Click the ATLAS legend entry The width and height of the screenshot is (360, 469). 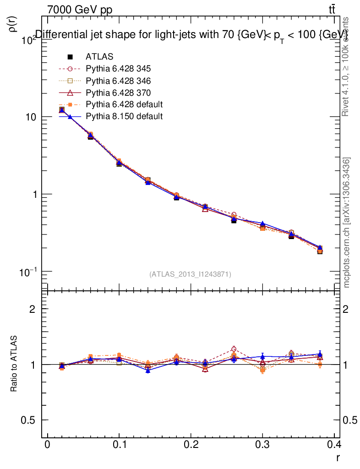click(x=99, y=57)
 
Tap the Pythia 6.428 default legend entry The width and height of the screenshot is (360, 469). click(x=124, y=104)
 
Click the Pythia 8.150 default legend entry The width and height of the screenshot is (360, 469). click(x=124, y=116)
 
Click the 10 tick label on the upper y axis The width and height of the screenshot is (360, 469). click(x=31, y=117)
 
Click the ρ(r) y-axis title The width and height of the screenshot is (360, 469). click(x=13, y=24)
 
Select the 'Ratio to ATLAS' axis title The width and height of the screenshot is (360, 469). click(x=14, y=365)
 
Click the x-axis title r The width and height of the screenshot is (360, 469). click(x=337, y=457)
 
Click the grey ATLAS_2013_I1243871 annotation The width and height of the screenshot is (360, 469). click(x=190, y=274)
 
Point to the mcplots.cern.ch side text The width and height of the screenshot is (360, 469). click(x=347, y=223)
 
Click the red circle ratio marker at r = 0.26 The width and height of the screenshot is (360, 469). click(x=234, y=349)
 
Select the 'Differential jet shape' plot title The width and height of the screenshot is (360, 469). click(x=191, y=35)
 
